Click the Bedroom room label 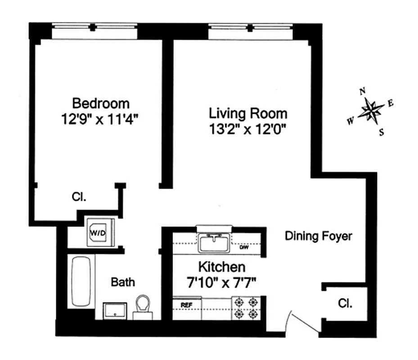tap(101, 103)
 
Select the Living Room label tap(247, 113)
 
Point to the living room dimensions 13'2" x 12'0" tap(247, 129)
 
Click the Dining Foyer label tap(318, 236)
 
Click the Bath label tap(123, 283)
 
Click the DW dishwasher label tap(244, 247)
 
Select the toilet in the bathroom tap(143, 306)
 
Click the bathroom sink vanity tap(115, 310)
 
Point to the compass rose tap(371, 110)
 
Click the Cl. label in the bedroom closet tap(79, 197)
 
